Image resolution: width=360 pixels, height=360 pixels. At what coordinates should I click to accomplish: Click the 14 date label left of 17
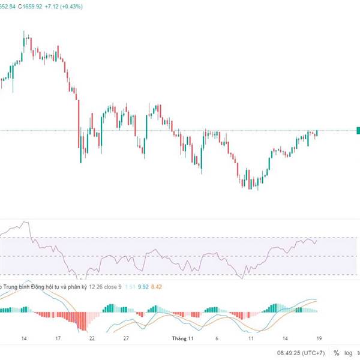pos(24,338)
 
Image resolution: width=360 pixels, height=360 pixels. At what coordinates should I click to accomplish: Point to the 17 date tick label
pos(58,338)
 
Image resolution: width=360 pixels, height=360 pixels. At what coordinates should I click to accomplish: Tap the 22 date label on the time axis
pos(92,338)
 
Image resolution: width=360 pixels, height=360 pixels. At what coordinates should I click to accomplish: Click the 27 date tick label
pos(126,338)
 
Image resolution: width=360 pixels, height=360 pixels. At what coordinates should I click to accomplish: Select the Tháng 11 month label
pos(182,338)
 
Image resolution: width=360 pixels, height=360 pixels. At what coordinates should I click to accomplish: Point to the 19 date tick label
pos(320,338)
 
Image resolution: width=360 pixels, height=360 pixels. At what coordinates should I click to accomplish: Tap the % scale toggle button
pos(337,353)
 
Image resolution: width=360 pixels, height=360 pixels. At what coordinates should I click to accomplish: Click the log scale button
pos(349,353)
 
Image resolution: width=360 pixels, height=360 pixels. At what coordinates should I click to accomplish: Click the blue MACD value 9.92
pos(143,287)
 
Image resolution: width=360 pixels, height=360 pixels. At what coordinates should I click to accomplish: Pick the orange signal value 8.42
pos(157,287)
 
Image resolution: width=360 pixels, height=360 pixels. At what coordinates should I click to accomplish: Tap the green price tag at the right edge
pos(358,130)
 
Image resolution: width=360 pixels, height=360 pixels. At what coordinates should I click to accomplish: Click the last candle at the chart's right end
pos(317,133)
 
